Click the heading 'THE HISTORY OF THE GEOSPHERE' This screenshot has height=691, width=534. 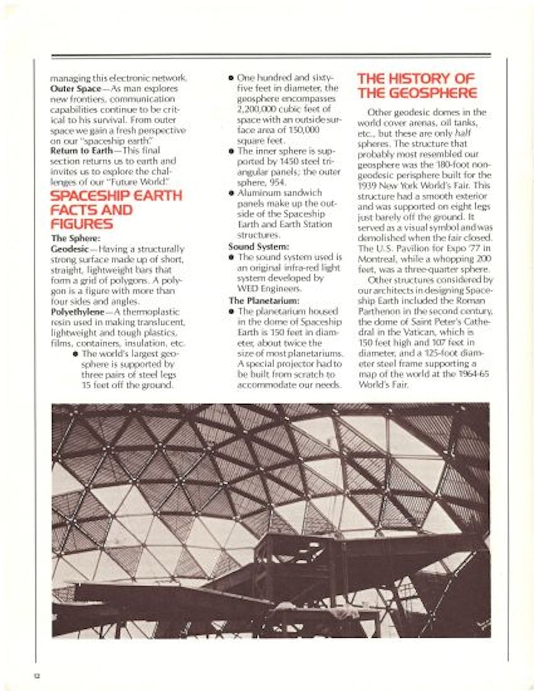[416, 85]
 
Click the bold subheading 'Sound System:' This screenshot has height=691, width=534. [259, 246]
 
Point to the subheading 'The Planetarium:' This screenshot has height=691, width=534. [264, 301]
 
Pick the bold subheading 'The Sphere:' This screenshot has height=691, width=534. [76, 238]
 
